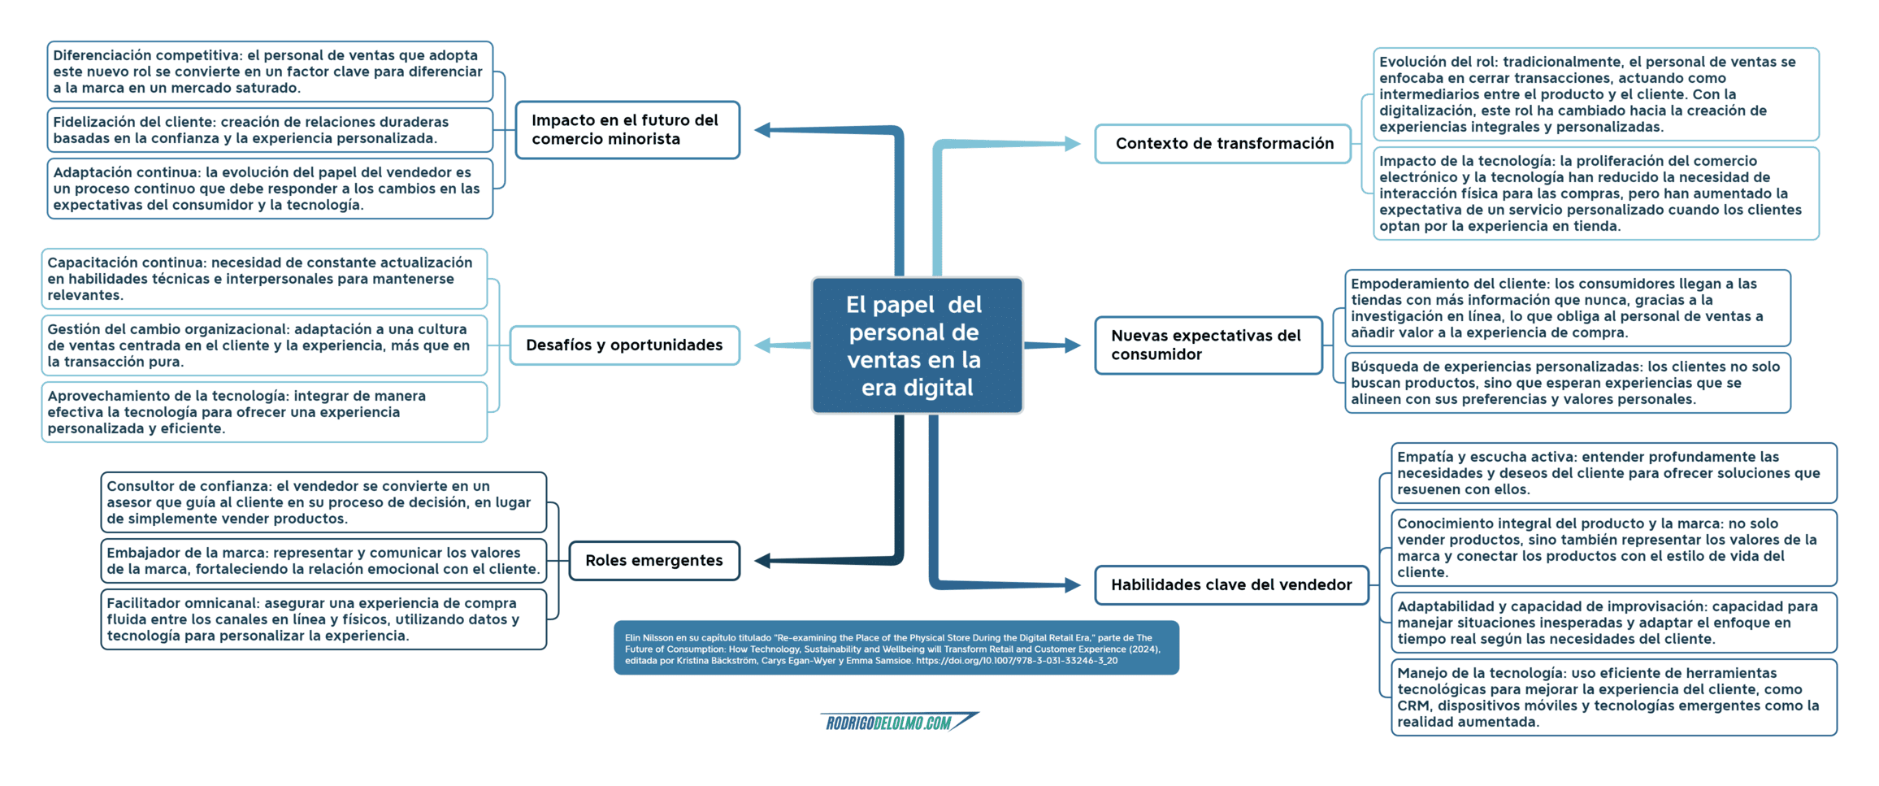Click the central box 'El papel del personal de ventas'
(x=917, y=345)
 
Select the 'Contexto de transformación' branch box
(x=1223, y=144)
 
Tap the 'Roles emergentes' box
(x=654, y=561)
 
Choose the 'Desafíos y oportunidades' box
(x=624, y=345)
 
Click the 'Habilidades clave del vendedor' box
(x=1231, y=585)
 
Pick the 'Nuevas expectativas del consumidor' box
(x=1209, y=345)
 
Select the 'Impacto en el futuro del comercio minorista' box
(x=627, y=130)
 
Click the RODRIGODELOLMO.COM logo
(x=900, y=722)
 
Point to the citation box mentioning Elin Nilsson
(x=896, y=648)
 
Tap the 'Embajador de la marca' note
(x=323, y=561)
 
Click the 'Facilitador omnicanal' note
(x=323, y=619)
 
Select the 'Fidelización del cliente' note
(x=270, y=130)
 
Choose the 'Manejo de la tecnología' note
(x=1614, y=697)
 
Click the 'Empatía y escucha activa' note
(x=1614, y=473)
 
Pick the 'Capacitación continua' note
(x=264, y=279)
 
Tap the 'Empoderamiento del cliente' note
(x=1568, y=308)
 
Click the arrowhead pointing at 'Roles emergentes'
(x=762, y=561)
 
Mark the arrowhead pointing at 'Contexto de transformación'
(x=1073, y=144)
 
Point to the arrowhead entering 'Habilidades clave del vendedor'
(x=1073, y=585)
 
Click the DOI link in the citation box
(x=1017, y=661)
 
